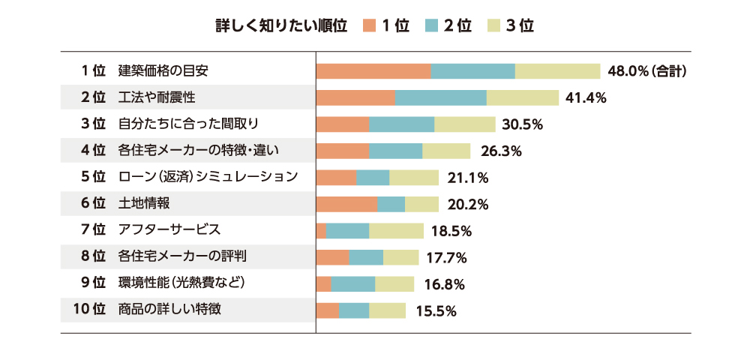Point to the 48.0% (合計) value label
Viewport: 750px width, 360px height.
tap(647, 71)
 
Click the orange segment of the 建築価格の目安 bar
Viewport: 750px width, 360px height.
tap(373, 71)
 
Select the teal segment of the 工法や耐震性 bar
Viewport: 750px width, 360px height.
tap(441, 97)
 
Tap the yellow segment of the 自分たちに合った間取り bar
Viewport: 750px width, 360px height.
tap(465, 124)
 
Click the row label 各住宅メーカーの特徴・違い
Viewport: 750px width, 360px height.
tap(199, 151)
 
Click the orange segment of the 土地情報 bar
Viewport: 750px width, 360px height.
tap(346, 204)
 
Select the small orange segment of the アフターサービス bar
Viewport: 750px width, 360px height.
tap(321, 231)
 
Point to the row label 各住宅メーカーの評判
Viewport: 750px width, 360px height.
tap(182, 257)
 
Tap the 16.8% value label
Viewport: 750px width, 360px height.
tap(444, 284)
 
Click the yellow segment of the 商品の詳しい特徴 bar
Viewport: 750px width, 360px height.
tap(387, 310)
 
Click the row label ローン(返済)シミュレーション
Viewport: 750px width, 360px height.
tap(208, 177)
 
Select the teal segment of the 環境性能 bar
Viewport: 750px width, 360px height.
tap(353, 284)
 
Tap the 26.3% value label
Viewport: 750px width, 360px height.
tap(501, 151)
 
